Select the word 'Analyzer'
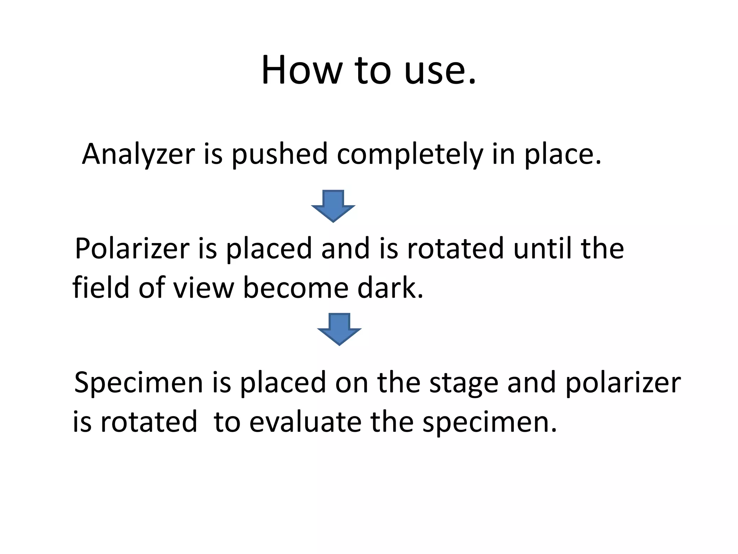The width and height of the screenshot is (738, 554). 138,154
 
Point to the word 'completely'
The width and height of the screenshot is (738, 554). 410,154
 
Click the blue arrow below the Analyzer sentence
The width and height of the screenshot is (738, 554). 333,206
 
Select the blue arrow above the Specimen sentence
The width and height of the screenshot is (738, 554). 339,329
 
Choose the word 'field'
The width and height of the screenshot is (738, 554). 101,288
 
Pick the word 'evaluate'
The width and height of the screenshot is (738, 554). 305,422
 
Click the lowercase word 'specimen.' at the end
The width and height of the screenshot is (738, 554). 490,422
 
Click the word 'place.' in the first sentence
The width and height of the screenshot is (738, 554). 563,154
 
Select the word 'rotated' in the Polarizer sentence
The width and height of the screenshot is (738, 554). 455,249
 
